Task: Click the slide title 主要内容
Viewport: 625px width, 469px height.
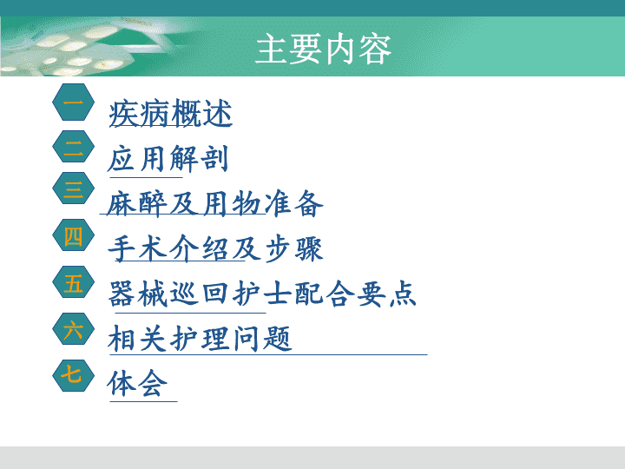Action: point(323,49)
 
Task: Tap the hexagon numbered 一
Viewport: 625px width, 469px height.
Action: point(73,102)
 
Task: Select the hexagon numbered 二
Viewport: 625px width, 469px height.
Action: point(73,147)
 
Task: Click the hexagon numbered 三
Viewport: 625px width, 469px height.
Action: point(73,188)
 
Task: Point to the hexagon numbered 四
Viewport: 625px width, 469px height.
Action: point(73,235)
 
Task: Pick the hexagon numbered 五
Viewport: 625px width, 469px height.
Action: point(73,282)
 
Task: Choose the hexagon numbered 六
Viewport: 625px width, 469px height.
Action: point(73,329)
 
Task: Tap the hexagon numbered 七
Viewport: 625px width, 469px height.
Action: point(73,376)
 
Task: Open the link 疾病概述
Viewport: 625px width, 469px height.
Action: point(171,114)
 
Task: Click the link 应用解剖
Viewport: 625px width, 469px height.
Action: point(168,159)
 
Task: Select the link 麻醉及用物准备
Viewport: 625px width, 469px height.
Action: point(215,204)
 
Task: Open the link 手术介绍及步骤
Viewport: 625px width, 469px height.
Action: point(215,249)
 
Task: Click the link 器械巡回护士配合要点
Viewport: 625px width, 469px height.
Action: point(262,294)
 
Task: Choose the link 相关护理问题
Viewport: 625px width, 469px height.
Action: point(200,339)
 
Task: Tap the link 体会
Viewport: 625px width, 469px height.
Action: point(137,384)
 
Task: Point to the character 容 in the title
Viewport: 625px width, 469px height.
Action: point(375,50)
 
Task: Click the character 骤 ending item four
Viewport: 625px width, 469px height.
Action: point(309,249)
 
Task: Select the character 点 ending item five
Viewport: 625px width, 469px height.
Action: point(403,294)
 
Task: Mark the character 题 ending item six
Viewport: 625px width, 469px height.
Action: point(278,339)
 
